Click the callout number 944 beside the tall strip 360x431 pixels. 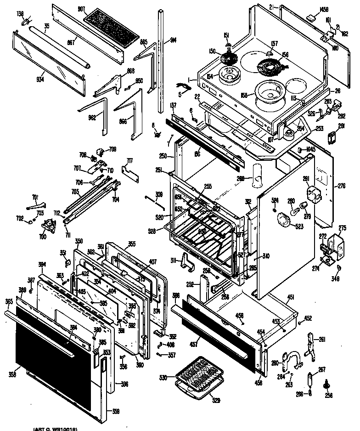[173, 40]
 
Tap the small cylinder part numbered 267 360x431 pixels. [310, 380]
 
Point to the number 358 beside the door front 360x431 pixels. [12, 374]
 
